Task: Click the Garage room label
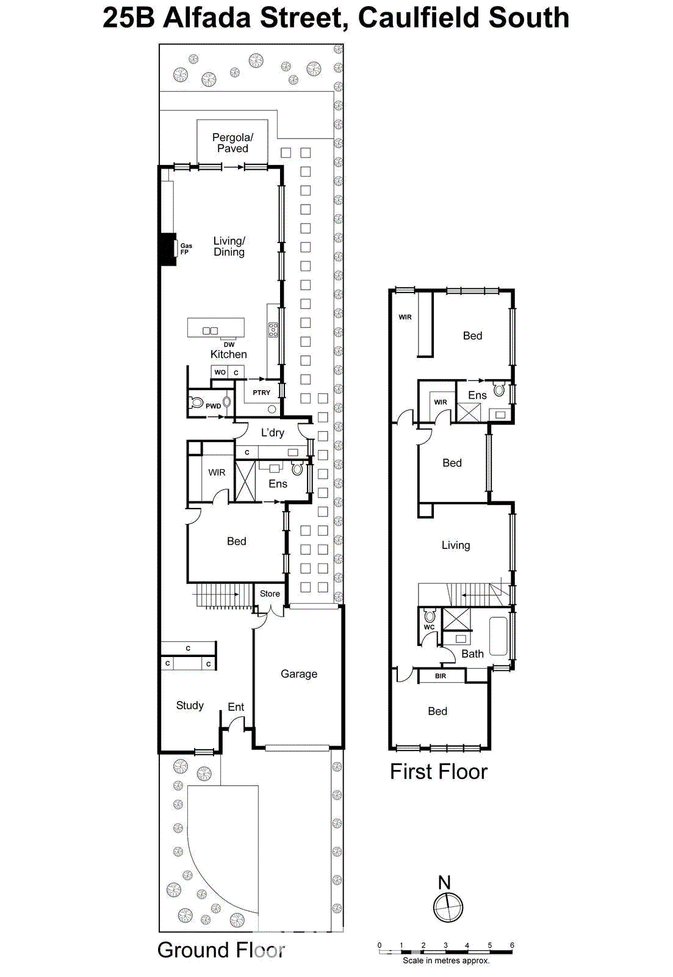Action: tap(298, 674)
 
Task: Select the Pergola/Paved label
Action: tap(232, 143)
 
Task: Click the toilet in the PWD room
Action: tap(196, 402)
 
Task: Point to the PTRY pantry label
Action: tap(261, 393)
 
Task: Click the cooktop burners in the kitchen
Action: tap(273, 330)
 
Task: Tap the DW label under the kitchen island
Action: tap(229, 344)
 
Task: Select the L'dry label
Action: tap(272, 432)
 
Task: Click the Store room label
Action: tap(270, 594)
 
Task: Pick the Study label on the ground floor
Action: tap(190, 705)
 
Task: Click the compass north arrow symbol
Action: tap(448, 906)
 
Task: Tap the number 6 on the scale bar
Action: tap(512, 945)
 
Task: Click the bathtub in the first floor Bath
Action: tap(498, 636)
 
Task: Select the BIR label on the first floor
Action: tap(441, 676)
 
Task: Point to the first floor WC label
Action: tap(429, 627)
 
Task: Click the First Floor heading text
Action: tap(438, 772)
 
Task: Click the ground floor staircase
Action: tap(223, 595)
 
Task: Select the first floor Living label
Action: tap(455, 545)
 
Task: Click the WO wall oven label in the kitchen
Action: tap(220, 372)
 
